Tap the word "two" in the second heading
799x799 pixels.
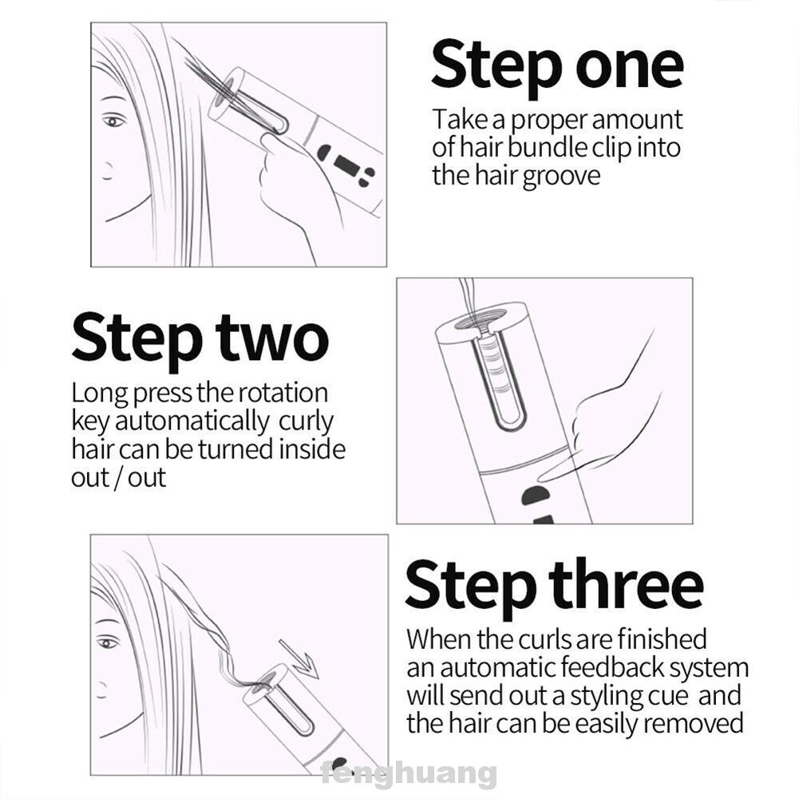click(x=271, y=338)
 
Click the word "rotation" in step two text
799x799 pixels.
click(x=283, y=394)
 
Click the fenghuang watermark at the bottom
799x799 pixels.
click(x=409, y=774)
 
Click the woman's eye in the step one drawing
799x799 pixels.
click(x=113, y=121)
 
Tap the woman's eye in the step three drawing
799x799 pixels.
click(x=107, y=643)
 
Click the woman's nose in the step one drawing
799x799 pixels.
click(x=107, y=171)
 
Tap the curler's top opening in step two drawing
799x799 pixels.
click(x=481, y=318)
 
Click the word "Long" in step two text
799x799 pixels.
click(x=99, y=394)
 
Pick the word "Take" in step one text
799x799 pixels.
click(x=460, y=120)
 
